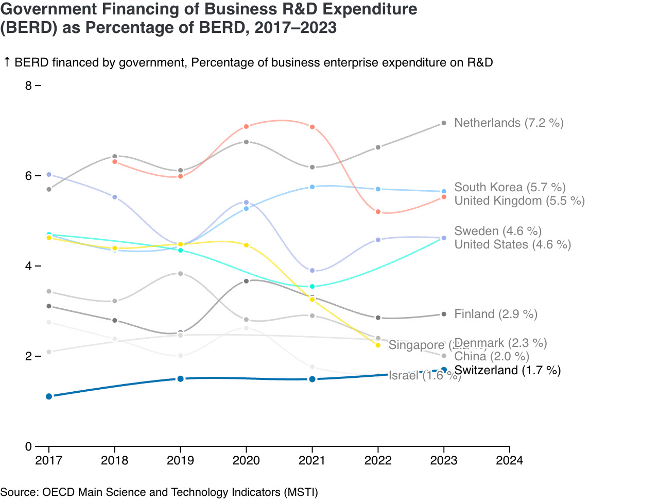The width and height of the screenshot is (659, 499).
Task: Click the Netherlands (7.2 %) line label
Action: tap(509, 123)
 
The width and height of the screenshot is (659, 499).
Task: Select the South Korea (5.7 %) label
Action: tap(510, 187)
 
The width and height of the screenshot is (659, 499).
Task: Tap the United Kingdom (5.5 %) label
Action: tap(519, 201)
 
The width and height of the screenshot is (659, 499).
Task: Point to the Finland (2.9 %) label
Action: tap(496, 314)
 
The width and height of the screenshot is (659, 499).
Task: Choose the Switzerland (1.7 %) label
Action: tap(508, 370)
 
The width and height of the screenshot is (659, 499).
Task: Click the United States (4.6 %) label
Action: tap(512, 244)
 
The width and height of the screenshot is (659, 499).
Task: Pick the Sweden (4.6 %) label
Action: tap(498, 231)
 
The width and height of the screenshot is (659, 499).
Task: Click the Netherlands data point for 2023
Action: tap(444, 123)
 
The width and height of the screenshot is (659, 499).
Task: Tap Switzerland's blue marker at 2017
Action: tap(49, 396)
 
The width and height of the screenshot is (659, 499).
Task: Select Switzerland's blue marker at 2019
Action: tap(180, 379)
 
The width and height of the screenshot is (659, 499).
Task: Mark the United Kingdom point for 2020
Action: tap(246, 126)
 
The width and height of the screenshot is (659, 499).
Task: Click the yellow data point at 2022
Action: tap(378, 345)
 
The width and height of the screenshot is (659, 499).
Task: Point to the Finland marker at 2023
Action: tap(444, 314)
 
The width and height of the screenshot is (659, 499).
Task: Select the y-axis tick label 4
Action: tap(28, 266)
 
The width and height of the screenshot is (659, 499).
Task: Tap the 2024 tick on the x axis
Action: tap(509, 460)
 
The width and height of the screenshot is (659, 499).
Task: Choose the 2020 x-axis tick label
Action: tap(246, 460)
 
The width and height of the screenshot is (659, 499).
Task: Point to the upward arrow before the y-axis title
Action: tap(7, 62)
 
